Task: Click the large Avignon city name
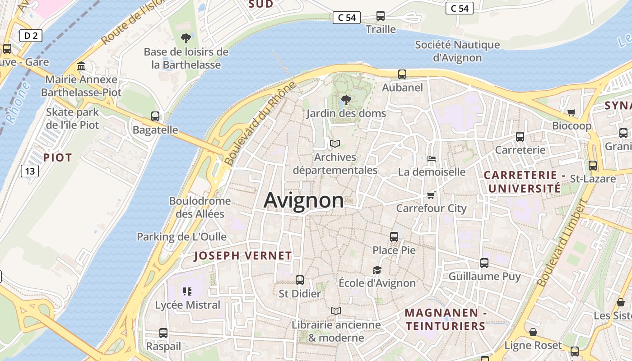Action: point(303,200)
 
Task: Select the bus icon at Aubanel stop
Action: point(402,74)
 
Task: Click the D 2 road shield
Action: point(31,36)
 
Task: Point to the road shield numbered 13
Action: point(30,171)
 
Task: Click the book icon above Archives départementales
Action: point(335,144)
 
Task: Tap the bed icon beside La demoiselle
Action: point(432,159)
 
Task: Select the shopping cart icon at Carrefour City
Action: point(431,195)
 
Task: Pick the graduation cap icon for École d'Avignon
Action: point(377,270)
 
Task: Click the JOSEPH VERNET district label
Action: point(243,256)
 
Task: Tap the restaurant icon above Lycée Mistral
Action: point(187,292)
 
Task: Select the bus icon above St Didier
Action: point(300,280)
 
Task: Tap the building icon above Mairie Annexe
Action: point(81,66)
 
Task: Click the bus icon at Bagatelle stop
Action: point(155,116)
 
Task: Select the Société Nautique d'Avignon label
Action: point(457,51)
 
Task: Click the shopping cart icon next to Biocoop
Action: point(572,112)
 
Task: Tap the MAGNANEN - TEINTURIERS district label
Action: point(445,319)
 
